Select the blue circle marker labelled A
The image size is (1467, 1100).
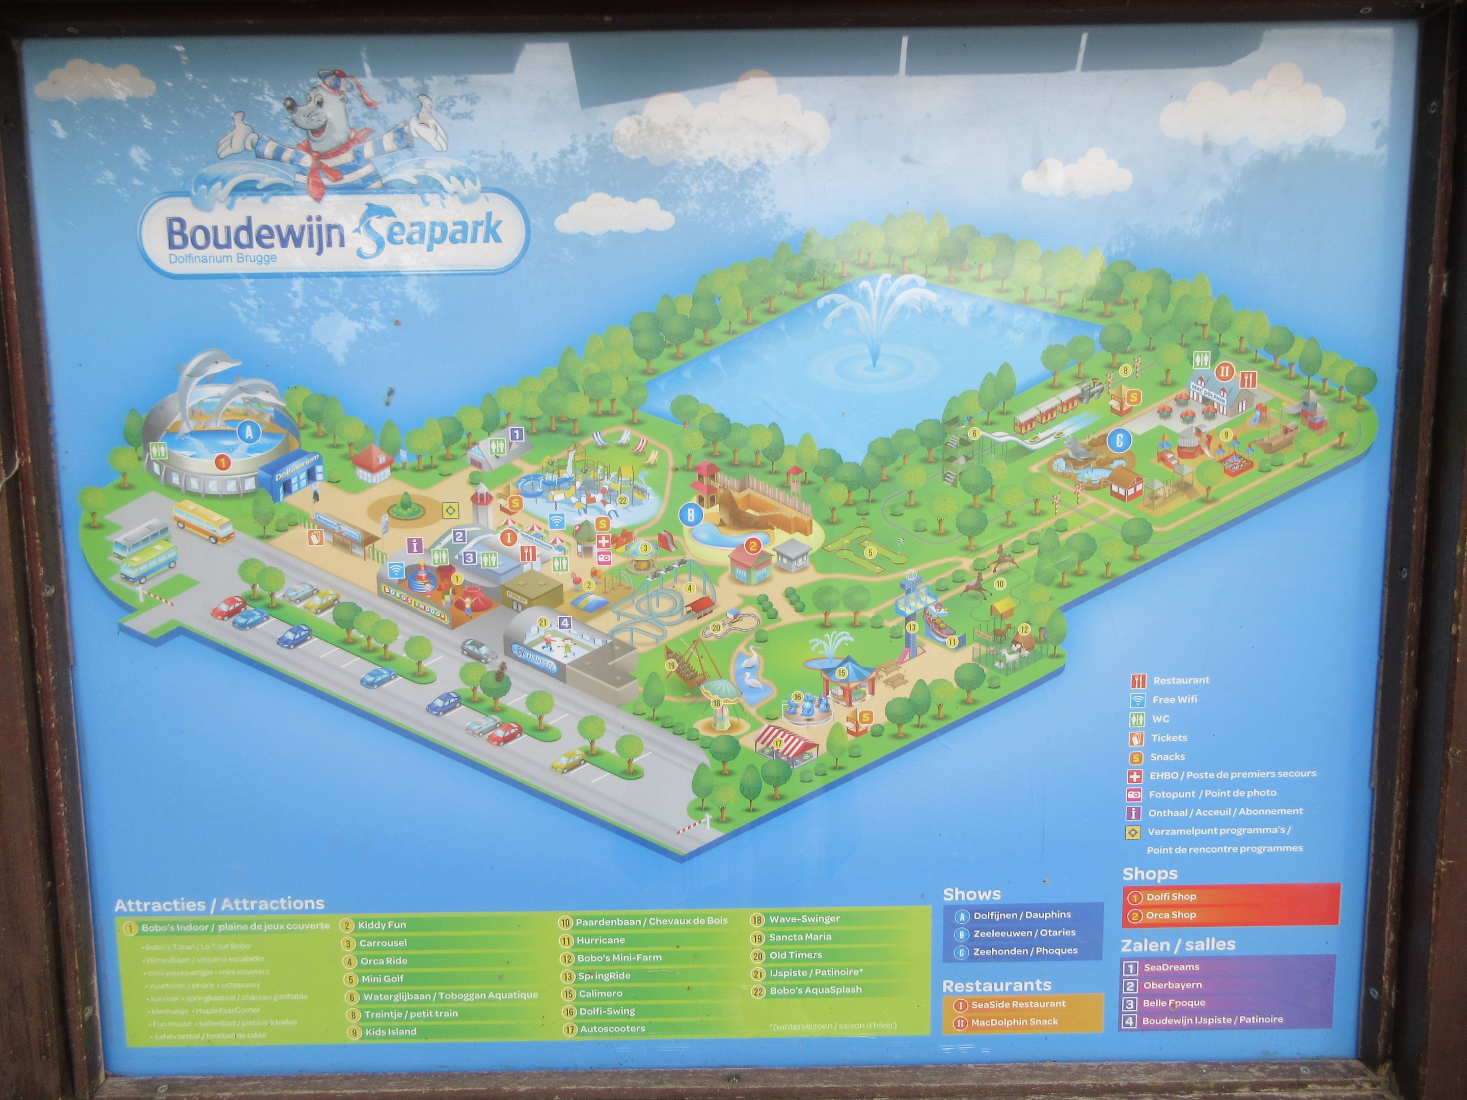(x=250, y=433)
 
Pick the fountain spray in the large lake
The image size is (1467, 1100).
(x=873, y=318)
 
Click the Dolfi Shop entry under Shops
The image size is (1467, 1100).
(x=1171, y=896)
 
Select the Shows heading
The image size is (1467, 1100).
(x=971, y=894)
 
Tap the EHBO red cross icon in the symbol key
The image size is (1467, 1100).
(x=1135, y=775)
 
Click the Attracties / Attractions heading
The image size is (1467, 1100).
(x=220, y=904)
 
